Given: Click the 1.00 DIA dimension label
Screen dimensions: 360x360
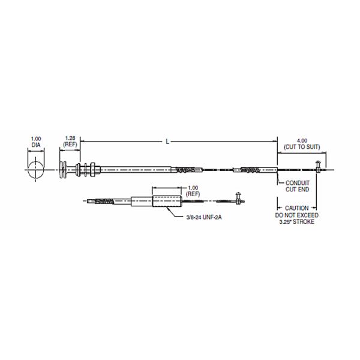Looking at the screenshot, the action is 36,142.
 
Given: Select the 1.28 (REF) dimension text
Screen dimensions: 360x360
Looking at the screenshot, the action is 70,141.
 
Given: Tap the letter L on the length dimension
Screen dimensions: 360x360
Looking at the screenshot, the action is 167,142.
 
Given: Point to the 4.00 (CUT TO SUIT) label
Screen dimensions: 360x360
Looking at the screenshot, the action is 302,144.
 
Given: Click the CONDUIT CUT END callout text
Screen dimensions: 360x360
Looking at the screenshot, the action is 298,186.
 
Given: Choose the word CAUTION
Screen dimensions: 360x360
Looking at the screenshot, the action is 296,208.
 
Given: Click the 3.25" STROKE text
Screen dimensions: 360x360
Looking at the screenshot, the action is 296,222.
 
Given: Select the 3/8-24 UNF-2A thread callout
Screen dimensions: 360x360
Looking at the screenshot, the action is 204,217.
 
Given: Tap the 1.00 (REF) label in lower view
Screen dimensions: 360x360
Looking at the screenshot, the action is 193,191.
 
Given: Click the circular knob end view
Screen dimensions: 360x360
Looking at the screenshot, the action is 35,170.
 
